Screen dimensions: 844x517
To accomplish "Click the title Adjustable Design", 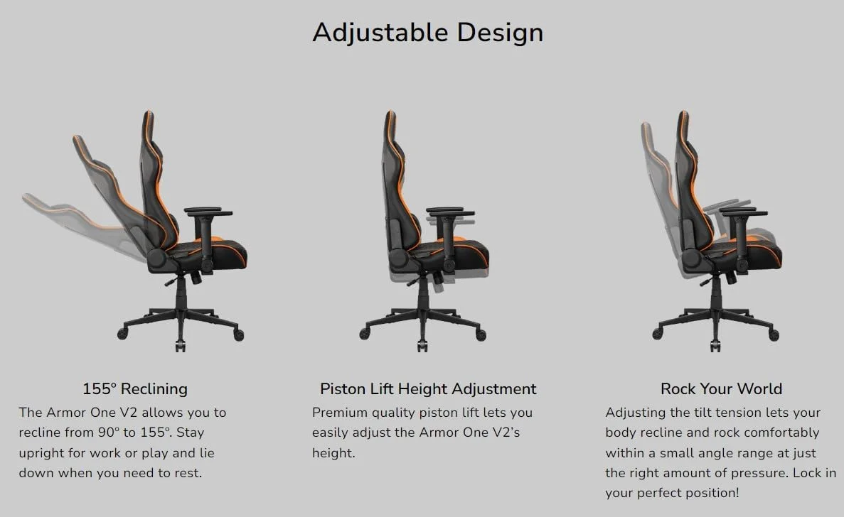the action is point(428,32).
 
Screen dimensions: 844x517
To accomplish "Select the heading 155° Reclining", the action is point(135,388).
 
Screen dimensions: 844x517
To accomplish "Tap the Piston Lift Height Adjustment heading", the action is point(428,388).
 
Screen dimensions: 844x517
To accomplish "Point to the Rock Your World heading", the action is point(721,388).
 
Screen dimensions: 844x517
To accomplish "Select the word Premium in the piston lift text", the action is point(338,412).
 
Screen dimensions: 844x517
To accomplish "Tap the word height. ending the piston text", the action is point(333,453).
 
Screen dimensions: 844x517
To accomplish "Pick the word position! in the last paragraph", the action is point(714,493).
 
